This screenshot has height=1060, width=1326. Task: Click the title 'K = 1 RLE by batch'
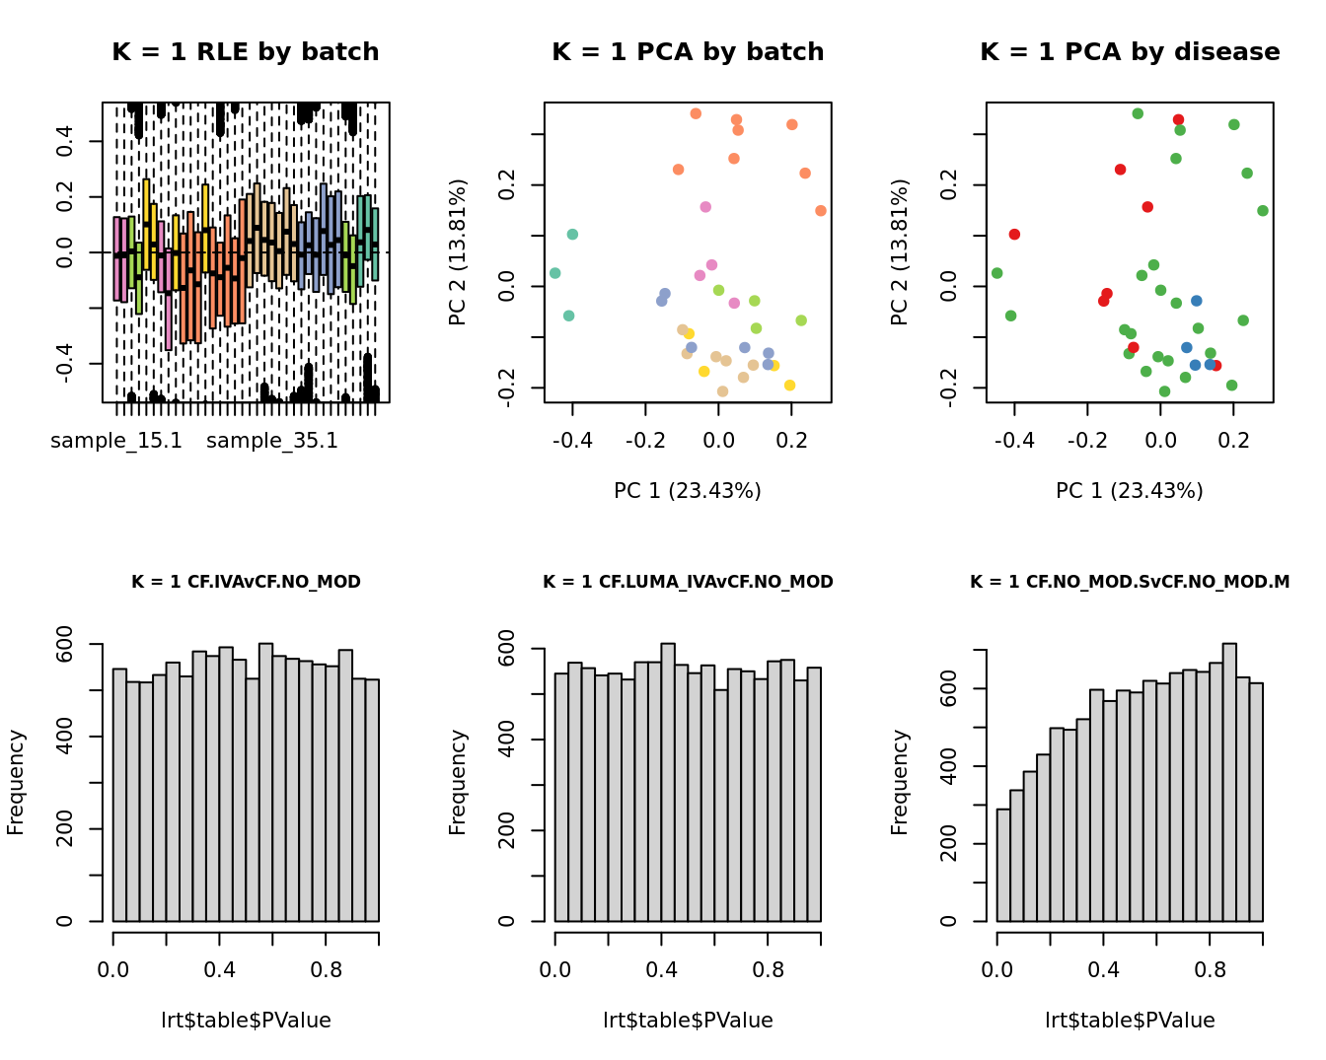tap(245, 52)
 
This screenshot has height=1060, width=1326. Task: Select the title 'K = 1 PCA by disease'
tap(1130, 52)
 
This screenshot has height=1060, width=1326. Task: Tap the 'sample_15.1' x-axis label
tap(116, 441)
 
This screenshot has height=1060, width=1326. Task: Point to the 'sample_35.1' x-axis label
tap(272, 441)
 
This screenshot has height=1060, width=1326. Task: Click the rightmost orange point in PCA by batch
tap(821, 211)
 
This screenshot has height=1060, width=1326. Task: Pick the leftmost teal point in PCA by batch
tap(554, 273)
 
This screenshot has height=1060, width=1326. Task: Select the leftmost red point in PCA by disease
tap(1014, 235)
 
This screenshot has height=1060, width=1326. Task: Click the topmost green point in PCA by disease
tap(1138, 113)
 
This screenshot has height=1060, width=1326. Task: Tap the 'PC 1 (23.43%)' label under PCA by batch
tap(688, 491)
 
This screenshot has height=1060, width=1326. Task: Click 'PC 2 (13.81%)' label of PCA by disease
tap(900, 251)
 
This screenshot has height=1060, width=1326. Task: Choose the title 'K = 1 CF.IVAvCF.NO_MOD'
tap(246, 582)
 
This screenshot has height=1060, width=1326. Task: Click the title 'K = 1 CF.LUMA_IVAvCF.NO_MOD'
tap(688, 582)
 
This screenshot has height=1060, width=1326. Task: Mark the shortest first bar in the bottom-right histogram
tap(1003, 865)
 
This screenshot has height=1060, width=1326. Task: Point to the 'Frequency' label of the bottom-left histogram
tap(16, 782)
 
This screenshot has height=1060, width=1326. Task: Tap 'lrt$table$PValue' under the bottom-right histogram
tap(1130, 1021)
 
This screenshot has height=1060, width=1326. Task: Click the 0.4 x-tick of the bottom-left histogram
tap(220, 970)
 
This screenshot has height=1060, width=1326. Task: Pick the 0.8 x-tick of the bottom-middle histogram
tap(768, 970)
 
